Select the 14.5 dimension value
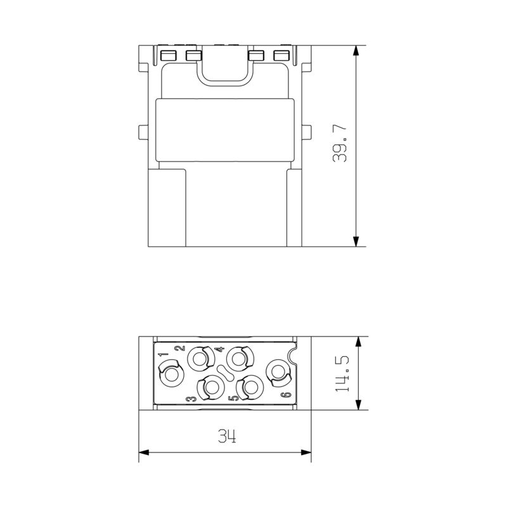coord(342,374)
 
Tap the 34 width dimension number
coord(227,436)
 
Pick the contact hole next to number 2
coord(200,358)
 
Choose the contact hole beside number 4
coord(240,358)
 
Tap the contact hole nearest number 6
coord(278,372)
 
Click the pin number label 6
coord(287,395)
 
